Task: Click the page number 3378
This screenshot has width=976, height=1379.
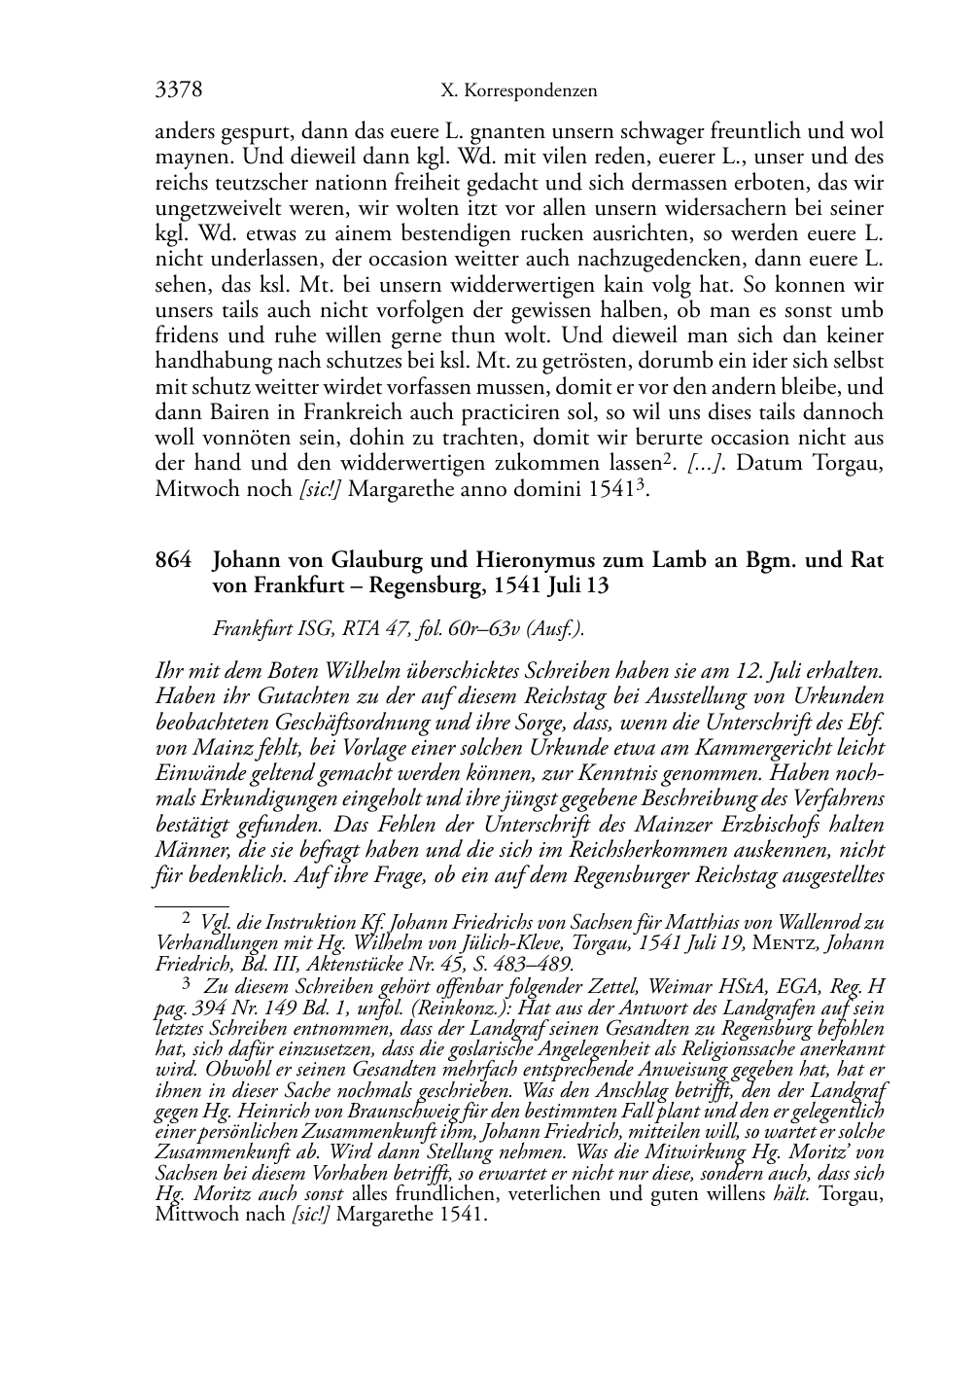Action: (x=179, y=90)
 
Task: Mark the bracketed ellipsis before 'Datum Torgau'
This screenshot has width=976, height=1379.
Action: (x=705, y=463)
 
